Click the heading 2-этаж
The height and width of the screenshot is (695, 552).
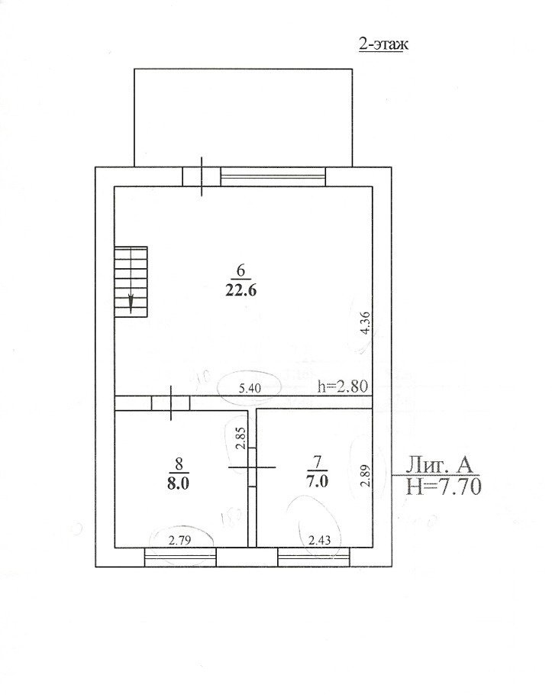pos(383,45)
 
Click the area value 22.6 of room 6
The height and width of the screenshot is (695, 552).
pos(241,290)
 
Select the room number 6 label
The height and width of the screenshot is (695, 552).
pos(241,270)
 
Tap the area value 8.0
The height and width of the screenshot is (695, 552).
pos(179,483)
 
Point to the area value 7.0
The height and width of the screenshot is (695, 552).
pos(317,481)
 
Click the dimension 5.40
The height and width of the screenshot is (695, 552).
pos(250,388)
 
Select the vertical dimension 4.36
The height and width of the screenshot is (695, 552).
pos(365,323)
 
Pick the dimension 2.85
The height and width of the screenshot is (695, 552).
pos(240,439)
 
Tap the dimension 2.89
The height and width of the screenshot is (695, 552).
pos(365,476)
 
